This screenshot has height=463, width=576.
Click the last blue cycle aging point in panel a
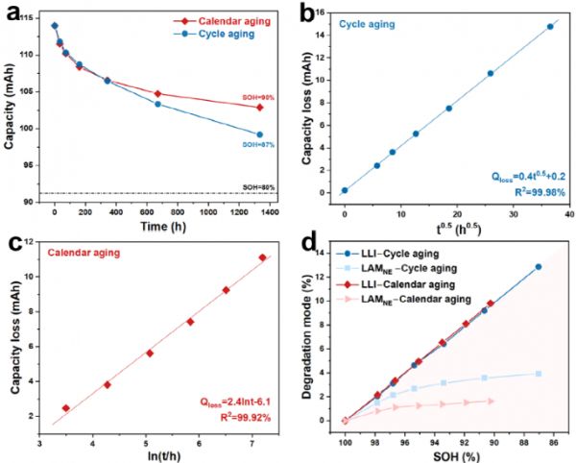coord(259,134)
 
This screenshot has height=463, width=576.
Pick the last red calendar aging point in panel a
coord(259,107)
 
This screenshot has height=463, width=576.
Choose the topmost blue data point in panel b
coord(550,27)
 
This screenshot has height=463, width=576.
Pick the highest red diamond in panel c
coord(262,257)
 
